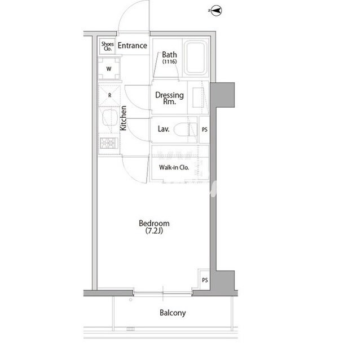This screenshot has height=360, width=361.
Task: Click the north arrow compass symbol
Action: pos(215,11)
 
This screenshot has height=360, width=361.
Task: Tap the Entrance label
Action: pos(133,46)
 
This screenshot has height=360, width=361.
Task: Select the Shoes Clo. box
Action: pos(108,46)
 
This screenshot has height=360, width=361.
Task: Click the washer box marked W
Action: pos(109,69)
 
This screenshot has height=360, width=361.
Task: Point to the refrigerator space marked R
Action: pos(109,95)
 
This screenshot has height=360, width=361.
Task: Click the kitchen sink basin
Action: pos(110,118)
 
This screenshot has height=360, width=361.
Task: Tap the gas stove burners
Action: pos(109,143)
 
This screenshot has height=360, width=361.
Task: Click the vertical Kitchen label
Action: pos(124,118)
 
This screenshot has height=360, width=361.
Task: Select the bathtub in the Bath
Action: pos(196,58)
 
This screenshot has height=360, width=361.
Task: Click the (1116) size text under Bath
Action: pos(169,61)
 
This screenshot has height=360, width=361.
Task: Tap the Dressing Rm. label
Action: pos(169,98)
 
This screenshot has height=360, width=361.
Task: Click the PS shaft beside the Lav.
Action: pos(204,130)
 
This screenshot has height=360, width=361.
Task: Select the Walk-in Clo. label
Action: pos(174,167)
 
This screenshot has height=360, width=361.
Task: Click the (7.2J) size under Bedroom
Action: pos(154,230)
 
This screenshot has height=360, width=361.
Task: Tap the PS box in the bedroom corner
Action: pos(205,280)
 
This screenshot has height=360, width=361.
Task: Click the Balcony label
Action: pos(173,313)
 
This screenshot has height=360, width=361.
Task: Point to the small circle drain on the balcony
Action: pos(130,300)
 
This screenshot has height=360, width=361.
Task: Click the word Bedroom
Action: pos(154,223)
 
